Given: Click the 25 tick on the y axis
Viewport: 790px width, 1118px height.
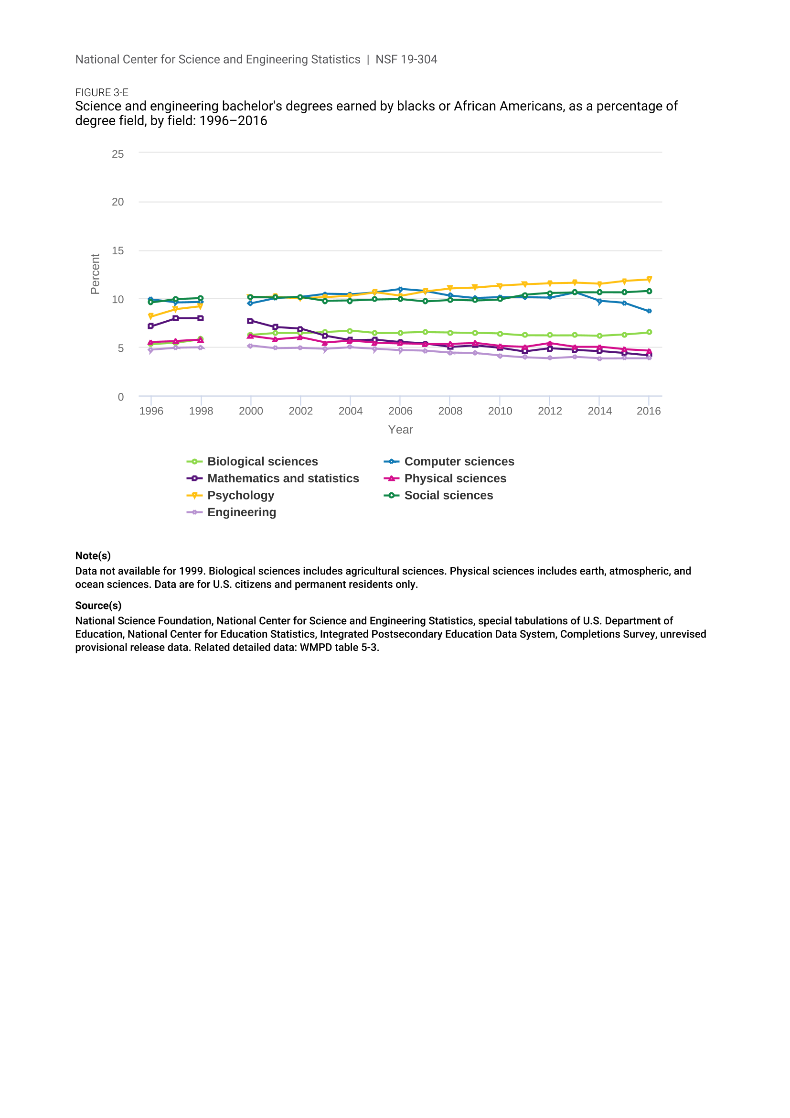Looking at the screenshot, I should [x=117, y=154].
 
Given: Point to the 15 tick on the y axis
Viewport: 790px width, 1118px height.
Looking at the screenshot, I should [x=117, y=251].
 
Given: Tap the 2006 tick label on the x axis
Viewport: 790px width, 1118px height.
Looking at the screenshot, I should [x=400, y=411].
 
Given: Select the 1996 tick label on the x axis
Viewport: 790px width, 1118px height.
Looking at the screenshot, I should [x=151, y=411].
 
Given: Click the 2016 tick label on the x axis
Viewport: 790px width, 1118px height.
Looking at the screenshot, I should [x=649, y=411].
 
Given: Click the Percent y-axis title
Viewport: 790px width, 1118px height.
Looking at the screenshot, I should [x=95, y=274].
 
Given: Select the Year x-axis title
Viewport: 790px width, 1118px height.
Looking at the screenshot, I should [x=400, y=430].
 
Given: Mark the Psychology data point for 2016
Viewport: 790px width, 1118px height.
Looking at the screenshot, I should [x=649, y=280].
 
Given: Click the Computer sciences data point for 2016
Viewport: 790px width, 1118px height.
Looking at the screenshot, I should [x=649, y=311].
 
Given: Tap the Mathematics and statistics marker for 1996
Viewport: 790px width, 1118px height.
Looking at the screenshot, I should [x=151, y=326].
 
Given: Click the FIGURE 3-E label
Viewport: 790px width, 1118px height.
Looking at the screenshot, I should [x=102, y=93].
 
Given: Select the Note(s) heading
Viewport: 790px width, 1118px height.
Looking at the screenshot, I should [x=93, y=555].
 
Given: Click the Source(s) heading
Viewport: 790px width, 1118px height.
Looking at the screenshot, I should [x=98, y=605].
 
